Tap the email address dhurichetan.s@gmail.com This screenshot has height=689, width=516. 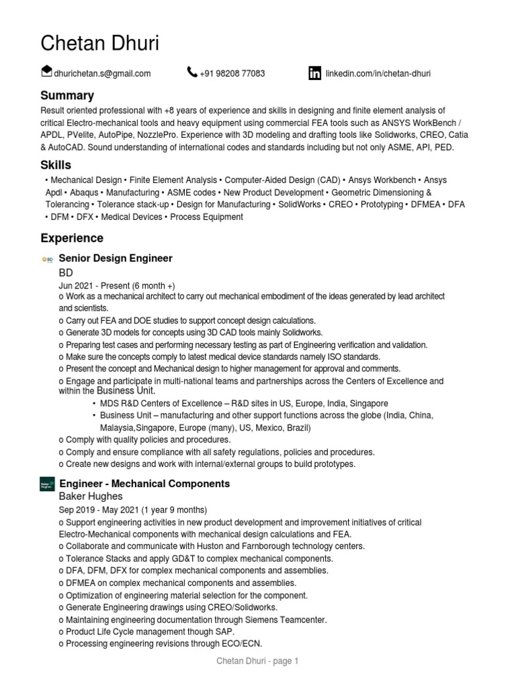(x=102, y=73)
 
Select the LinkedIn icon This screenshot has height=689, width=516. (x=314, y=73)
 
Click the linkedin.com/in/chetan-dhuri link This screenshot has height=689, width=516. (x=378, y=73)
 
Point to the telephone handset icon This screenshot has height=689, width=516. (x=192, y=73)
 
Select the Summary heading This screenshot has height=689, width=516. (x=67, y=96)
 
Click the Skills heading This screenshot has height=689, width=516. (x=56, y=166)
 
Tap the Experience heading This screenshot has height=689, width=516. (x=72, y=238)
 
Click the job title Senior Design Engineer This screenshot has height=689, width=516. (x=116, y=258)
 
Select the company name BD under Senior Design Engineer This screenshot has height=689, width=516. (x=66, y=273)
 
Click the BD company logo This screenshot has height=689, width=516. (x=47, y=259)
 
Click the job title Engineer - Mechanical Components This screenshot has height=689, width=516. (x=144, y=484)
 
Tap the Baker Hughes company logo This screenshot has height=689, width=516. (x=47, y=484)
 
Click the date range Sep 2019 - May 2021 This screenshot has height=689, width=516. (x=133, y=510)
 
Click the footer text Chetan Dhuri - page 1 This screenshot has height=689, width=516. (x=257, y=661)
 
